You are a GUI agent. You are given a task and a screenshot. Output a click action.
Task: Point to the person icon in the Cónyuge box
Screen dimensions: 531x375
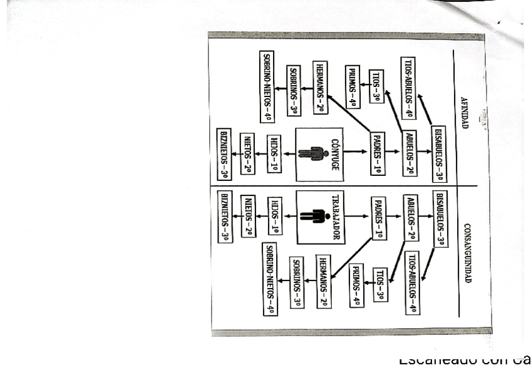click(x=313, y=153)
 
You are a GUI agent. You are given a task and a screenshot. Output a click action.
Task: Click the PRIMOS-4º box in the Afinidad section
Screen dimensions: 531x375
click(x=353, y=86)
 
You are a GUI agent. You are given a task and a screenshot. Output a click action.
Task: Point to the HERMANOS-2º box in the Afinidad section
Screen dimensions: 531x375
click(x=321, y=88)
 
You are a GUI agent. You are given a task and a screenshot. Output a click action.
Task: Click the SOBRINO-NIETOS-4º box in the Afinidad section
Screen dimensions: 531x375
click(x=267, y=86)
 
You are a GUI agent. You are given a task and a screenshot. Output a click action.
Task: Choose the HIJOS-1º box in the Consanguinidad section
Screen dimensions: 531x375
click(x=274, y=216)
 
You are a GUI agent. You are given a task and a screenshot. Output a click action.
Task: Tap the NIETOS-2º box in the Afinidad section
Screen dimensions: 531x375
click(x=247, y=153)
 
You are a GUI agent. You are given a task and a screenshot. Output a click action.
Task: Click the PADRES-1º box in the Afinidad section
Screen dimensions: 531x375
click(x=378, y=153)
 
